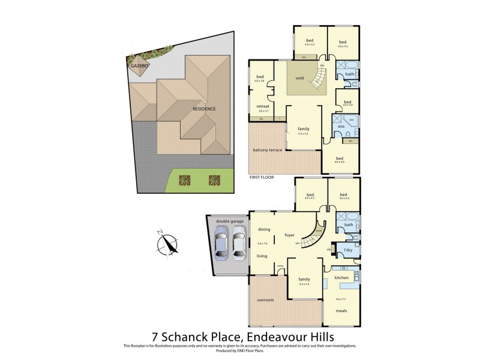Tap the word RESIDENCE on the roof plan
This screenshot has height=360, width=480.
click(204, 109)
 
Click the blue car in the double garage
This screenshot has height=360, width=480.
click(222, 244)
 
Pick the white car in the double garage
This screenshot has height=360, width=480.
click(239, 243)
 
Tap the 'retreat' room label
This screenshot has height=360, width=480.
click(262, 106)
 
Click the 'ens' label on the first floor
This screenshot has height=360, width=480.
click(341, 127)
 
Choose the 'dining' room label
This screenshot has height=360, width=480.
click(264, 230)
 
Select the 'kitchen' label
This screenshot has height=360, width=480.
click(341, 278)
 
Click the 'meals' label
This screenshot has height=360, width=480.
click(341, 310)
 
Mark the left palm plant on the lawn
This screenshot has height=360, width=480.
click(184, 179)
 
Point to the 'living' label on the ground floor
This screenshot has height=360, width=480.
click(262, 256)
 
